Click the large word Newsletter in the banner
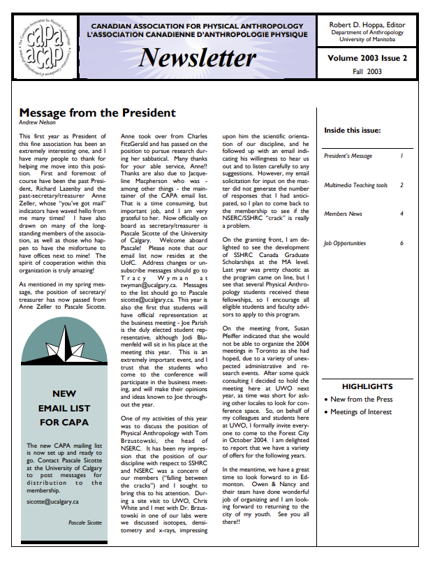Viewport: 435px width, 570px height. click(198, 57)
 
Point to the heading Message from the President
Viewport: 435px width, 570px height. click(97, 112)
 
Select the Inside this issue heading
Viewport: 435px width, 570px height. click(352, 130)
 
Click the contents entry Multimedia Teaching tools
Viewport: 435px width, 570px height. click(356, 185)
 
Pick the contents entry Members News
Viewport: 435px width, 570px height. click(343, 214)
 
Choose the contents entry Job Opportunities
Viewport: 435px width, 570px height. click(345, 243)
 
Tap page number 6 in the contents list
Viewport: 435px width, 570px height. click(401, 243)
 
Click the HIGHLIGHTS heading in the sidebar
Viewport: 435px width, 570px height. click(367, 386)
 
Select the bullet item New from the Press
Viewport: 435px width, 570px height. click(361, 400)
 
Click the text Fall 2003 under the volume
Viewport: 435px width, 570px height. click(366, 71)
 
